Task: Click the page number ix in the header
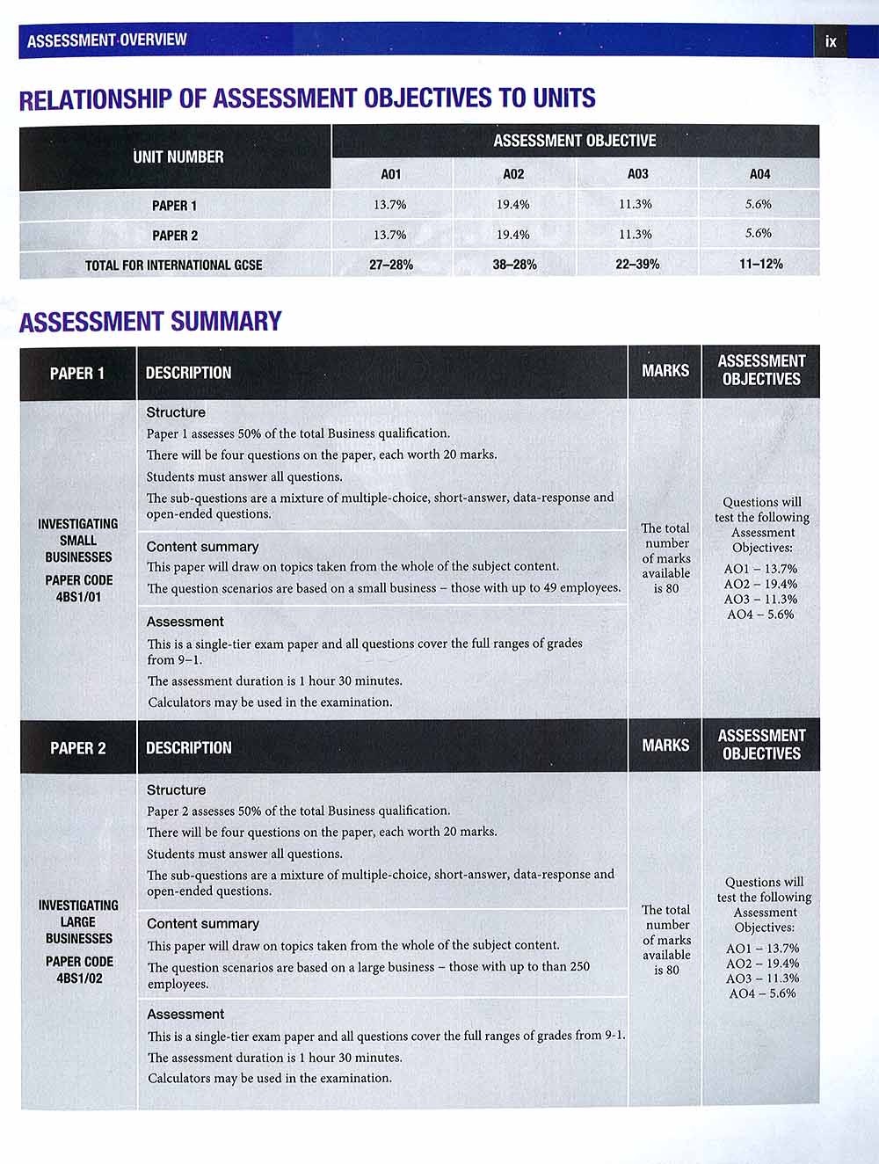click(831, 41)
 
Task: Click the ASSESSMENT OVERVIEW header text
click(106, 40)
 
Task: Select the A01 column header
click(391, 174)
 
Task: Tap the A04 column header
click(759, 174)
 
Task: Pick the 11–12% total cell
click(760, 264)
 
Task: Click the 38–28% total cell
click(514, 265)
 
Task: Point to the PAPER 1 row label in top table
click(174, 206)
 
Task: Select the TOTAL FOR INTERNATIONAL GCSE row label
click(173, 266)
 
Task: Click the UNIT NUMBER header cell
click(178, 157)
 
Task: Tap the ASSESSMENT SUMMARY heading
click(150, 322)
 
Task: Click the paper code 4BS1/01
click(79, 597)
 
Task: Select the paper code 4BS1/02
click(79, 978)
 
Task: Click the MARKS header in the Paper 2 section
click(665, 746)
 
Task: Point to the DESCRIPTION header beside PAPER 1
click(188, 373)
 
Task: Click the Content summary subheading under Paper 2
click(203, 924)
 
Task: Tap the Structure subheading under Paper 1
click(176, 412)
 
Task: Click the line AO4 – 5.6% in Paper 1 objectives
click(760, 615)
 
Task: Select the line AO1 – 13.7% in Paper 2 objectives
click(762, 949)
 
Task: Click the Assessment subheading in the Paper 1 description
click(185, 622)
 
